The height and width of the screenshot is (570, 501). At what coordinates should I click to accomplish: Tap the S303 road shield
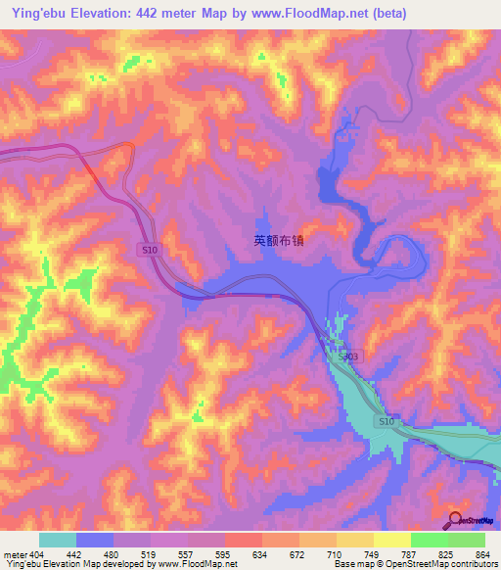[x=347, y=358]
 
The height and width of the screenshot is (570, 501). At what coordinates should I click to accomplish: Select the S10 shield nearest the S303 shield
[x=387, y=420]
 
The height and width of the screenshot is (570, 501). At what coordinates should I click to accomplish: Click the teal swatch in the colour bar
[x=58, y=540]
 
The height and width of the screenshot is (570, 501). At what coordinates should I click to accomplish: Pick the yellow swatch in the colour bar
[x=391, y=540]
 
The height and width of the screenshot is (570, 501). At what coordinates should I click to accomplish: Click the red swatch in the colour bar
[x=243, y=540]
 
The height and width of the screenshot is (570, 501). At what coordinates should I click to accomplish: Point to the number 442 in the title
[x=157, y=13]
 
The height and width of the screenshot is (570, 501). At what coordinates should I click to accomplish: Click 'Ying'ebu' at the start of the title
[x=33, y=13]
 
